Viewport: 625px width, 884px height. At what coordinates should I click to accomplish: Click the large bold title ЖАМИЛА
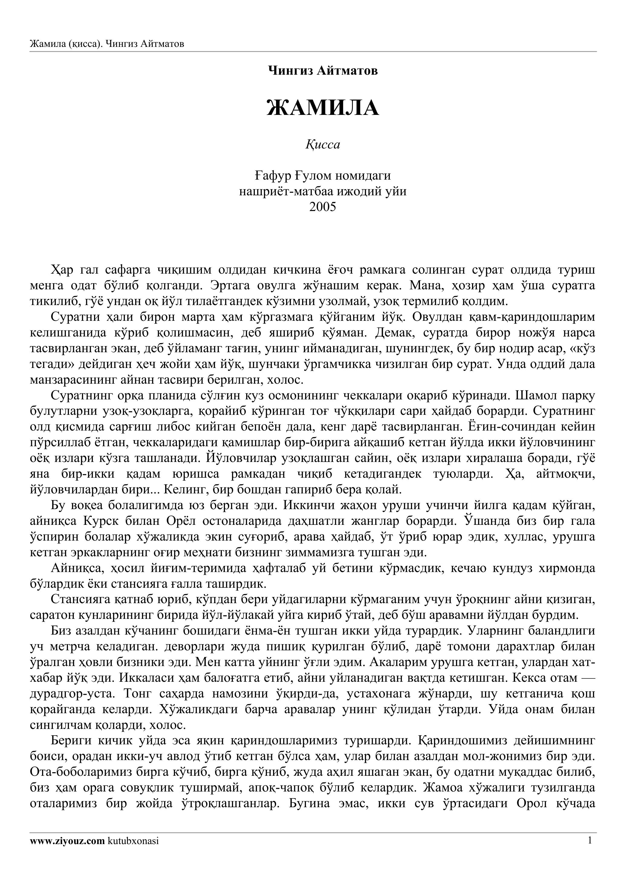click(323, 108)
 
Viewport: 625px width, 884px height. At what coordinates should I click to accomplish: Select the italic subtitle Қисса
click(323, 145)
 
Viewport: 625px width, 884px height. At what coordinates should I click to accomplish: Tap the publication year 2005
click(323, 207)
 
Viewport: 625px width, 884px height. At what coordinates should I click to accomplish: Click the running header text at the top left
click(107, 44)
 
